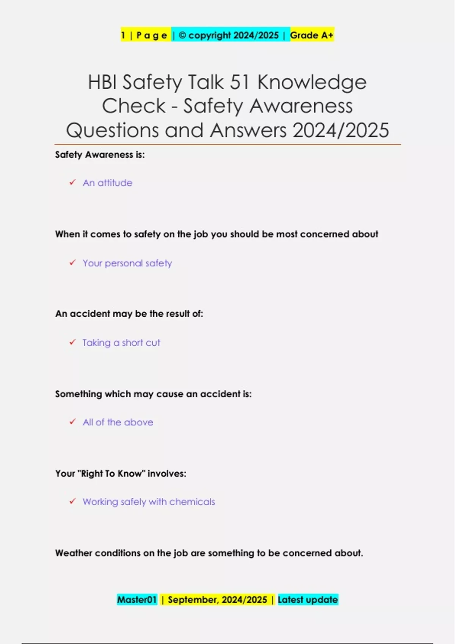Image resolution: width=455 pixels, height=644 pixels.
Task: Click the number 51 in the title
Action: pos(239,82)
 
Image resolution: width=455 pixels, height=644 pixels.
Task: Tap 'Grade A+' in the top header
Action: pos(312,35)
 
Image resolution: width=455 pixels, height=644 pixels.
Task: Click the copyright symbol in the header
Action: pos(182,35)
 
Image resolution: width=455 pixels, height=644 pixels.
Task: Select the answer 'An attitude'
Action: pos(108,183)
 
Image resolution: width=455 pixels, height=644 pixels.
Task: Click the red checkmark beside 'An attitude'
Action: pos(72,183)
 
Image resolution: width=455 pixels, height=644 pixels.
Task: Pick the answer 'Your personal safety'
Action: pos(127,263)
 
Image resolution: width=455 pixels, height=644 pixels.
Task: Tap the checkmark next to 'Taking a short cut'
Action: pos(72,342)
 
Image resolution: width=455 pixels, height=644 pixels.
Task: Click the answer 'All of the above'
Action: pos(118,422)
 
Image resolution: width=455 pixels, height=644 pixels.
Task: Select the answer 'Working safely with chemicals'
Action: pos(149,502)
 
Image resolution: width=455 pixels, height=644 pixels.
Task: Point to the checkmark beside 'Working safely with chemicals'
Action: pos(72,502)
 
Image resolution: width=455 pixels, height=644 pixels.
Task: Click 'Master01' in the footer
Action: pos(137,600)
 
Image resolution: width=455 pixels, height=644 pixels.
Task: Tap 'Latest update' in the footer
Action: pos(308,600)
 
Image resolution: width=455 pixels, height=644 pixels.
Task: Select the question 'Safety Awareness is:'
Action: pos(100,155)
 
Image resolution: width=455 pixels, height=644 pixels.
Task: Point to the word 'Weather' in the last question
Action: pos(74,553)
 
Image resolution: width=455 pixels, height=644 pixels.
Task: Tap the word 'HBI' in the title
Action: pos(102,82)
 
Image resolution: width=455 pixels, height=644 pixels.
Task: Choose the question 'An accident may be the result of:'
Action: pos(129,314)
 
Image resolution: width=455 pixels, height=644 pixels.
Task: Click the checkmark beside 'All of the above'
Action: pos(72,422)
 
